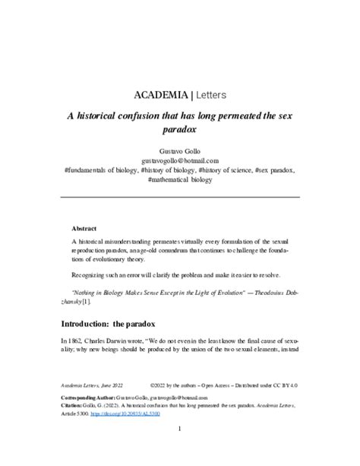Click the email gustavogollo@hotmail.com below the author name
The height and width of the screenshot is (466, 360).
point(180,160)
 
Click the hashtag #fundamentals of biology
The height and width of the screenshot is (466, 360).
point(105,170)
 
